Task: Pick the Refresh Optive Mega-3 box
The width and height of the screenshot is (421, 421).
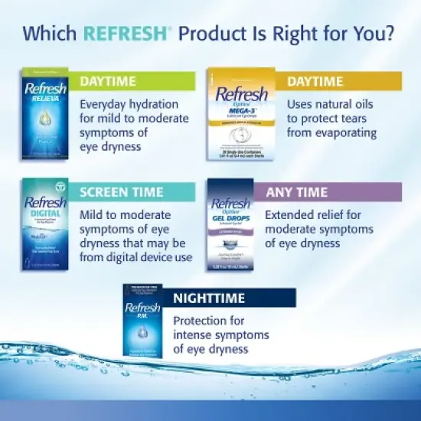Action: pos(240,115)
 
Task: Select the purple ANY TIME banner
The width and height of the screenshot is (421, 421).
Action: pos(337,191)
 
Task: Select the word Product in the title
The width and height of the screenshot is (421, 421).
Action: pos(214,34)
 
